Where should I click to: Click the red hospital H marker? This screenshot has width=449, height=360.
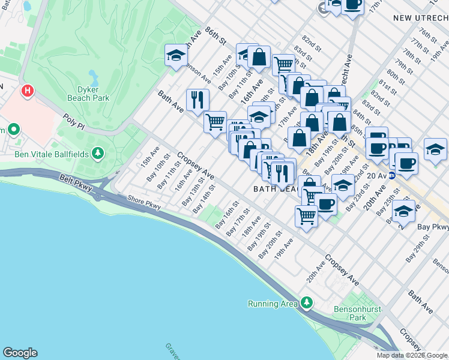[x=26, y=92]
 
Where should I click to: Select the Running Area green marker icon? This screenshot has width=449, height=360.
[x=307, y=303]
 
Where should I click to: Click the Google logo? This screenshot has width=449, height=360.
[x=20, y=353]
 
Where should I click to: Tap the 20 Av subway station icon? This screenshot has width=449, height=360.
[x=391, y=176]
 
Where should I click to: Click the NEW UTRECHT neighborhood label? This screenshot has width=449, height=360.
[x=420, y=18]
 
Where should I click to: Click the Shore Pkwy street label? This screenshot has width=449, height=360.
[x=144, y=205]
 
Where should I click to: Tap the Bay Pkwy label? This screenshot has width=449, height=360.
[x=433, y=227]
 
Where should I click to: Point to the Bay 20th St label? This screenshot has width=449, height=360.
[x=271, y=245]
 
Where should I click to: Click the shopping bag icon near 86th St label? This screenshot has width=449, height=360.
[x=259, y=58]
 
